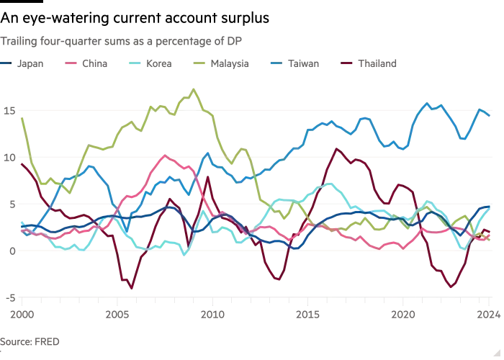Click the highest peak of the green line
coord(195,89)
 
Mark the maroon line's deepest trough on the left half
coord(131,289)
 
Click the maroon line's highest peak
coord(336,148)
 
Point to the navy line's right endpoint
coord(491,206)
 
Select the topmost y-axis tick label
coord(9,109)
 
